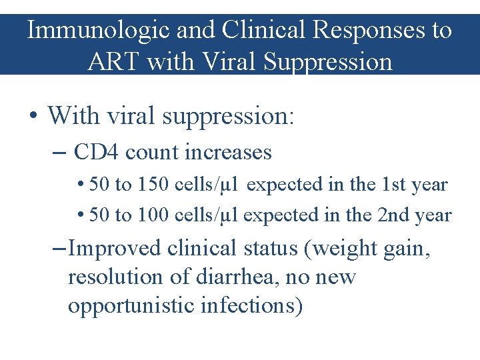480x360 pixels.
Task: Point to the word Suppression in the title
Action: point(328,62)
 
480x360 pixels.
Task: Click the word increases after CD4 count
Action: point(228,152)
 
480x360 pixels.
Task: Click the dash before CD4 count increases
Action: point(59,153)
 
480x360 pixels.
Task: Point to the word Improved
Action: point(115,248)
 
